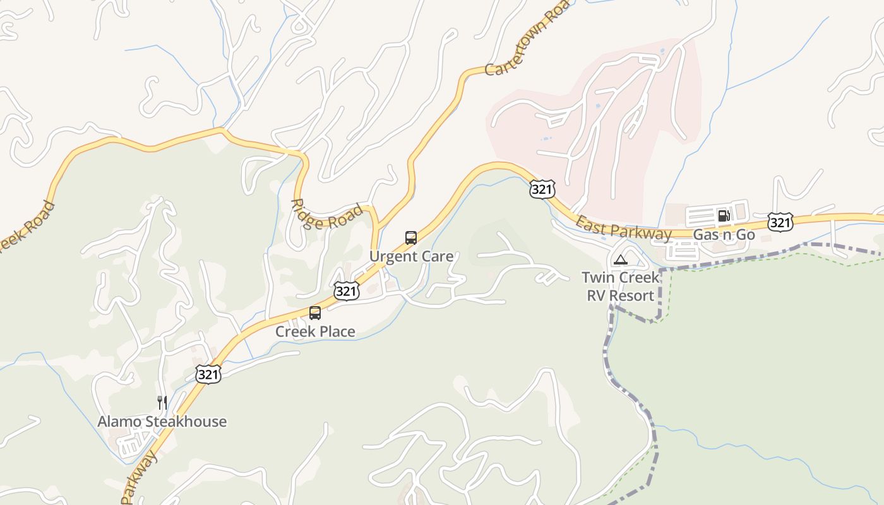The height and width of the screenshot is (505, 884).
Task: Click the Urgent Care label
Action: click(411, 256)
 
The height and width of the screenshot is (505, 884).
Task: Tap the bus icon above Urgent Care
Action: click(411, 238)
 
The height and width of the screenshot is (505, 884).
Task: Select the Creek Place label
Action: click(315, 331)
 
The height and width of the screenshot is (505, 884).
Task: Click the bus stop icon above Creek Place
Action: click(315, 312)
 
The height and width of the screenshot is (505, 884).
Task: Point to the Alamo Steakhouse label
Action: click(162, 422)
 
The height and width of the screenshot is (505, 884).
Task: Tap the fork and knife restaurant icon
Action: click(162, 403)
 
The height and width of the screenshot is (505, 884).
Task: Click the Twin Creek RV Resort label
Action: click(621, 286)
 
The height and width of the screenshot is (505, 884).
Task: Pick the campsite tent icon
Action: click(621, 259)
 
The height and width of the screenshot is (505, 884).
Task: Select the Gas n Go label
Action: click(724, 235)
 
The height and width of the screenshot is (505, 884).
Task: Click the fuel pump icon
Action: click(724, 216)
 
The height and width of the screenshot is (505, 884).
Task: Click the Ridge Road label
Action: click(326, 214)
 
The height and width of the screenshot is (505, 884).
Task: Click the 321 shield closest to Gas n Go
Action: click(780, 222)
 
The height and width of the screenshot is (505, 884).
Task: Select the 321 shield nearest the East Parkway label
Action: click(542, 189)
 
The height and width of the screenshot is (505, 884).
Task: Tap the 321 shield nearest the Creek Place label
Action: click(346, 290)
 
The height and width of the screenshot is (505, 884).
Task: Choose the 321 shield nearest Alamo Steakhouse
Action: click(208, 374)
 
